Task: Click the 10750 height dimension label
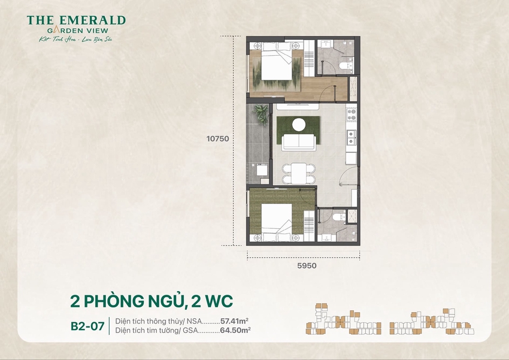click(x=218, y=138)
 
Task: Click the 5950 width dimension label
click(x=303, y=265)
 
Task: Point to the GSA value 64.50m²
click(x=235, y=329)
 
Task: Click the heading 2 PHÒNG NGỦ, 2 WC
click(x=152, y=300)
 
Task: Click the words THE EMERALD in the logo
click(x=76, y=20)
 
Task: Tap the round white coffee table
click(x=299, y=124)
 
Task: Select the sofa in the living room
click(x=298, y=141)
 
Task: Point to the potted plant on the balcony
click(x=261, y=112)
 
